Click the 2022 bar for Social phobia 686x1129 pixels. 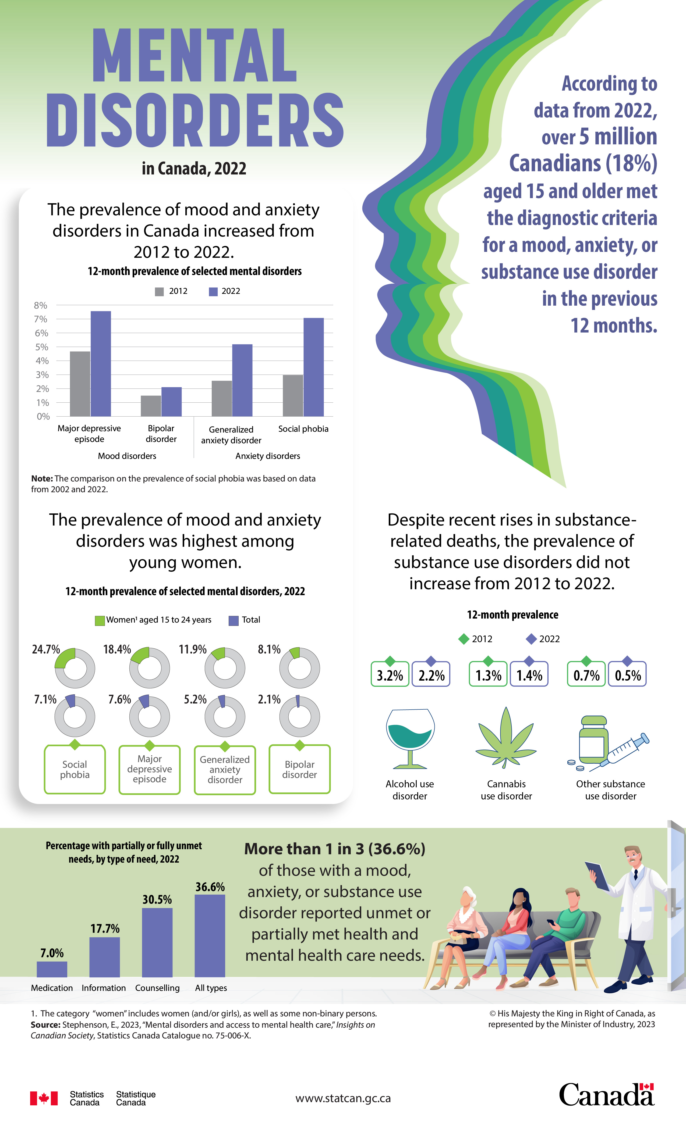pyautogui.click(x=314, y=367)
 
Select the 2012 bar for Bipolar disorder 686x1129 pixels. pyautogui.click(x=151, y=406)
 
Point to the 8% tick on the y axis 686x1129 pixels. pyautogui.click(x=40, y=305)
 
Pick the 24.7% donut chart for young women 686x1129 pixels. pyautogui.click(x=75, y=668)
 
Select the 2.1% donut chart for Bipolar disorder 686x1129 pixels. pyautogui.click(x=299, y=717)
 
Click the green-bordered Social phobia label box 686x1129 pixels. pyautogui.click(x=75, y=769)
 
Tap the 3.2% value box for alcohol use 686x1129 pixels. pyautogui.click(x=390, y=675)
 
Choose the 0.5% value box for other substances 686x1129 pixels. pyautogui.click(x=627, y=675)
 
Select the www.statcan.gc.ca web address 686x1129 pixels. pyautogui.click(x=343, y=1098)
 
